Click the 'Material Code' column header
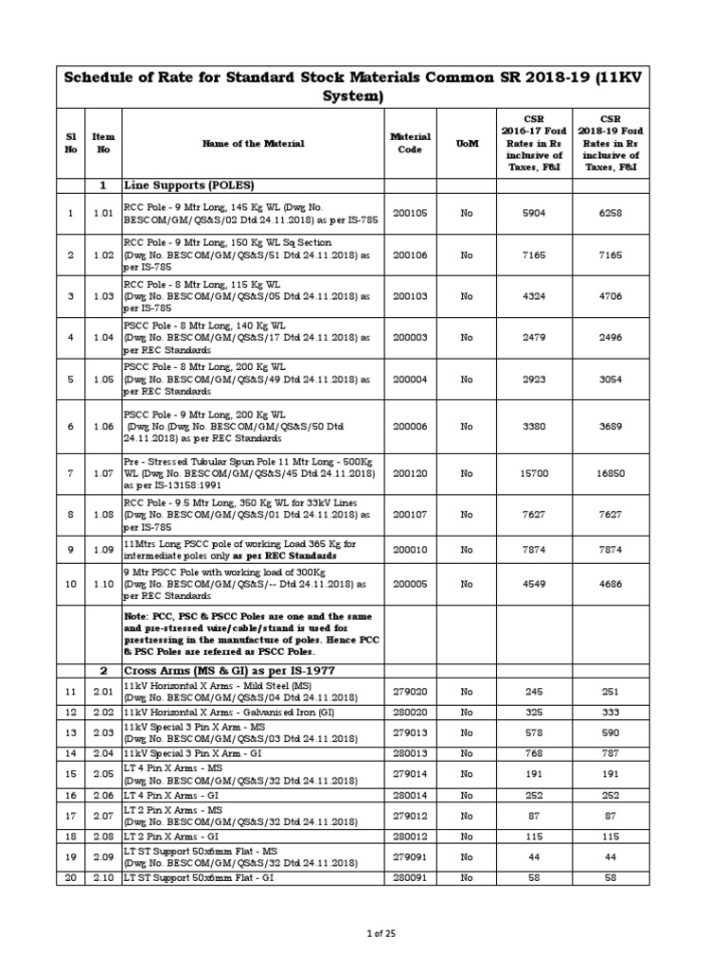click(x=410, y=143)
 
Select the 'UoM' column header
click(x=467, y=143)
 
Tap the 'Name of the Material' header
click(x=253, y=143)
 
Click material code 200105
click(x=410, y=214)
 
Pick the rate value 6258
click(x=611, y=214)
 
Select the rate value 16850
click(x=611, y=472)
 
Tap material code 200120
click(x=410, y=472)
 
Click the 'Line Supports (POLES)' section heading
click(x=189, y=185)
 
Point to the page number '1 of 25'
click(x=381, y=934)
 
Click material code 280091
click(x=410, y=878)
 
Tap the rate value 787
click(x=611, y=753)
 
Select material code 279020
click(x=410, y=691)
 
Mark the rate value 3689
click(x=611, y=427)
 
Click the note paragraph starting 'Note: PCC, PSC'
click(x=251, y=633)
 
